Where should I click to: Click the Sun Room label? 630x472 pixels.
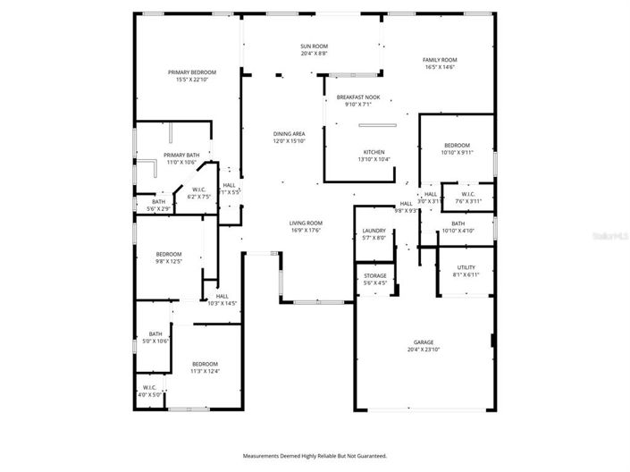pyautogui.click(x=315, y=46)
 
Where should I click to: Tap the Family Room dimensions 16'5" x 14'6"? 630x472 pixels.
pyautogui.click(x=445, y=67)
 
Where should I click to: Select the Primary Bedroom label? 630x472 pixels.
pyautogui.click(x=192, y=72)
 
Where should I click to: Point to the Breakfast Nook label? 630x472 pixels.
pyautogui.click(x=357, y=97)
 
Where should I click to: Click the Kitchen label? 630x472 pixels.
pyautogui.click(x=374, y=152)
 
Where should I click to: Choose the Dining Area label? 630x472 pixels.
pyautogui.click(x=289, y=134)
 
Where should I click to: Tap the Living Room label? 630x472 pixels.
pyautogui.click(x=306, y=223)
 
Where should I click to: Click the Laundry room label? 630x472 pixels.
pyautogui.click(x=373, y=231)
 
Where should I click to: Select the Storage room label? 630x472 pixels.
pyautogui.click(x=374, y=276)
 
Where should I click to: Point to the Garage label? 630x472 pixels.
pyautogui.click(x=424, y=342)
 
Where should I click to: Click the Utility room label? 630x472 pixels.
pyautogui.click(x=466, y=267)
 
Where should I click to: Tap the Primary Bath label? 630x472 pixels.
pyautogui.click(x=181, y=155)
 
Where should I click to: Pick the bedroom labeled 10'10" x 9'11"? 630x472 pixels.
pyautogui.click(x=457, y=146)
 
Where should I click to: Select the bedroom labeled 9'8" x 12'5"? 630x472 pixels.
pyautogui.click(x=169, y=254)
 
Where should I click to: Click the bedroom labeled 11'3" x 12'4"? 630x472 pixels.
pyautogui.click(x=205, y=364)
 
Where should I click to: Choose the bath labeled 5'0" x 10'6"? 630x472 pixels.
pyautogui.click(x=155, y=334)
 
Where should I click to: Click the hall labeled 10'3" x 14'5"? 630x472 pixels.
pyautogui.click(x=222, y=296)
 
